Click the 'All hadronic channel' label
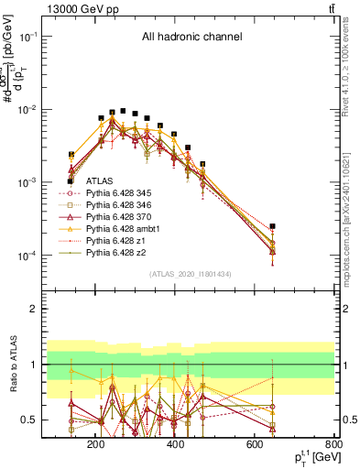[191, 38]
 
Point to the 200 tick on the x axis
[95, 445]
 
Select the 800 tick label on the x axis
[333, 445]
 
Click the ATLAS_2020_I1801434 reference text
[193, 274]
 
